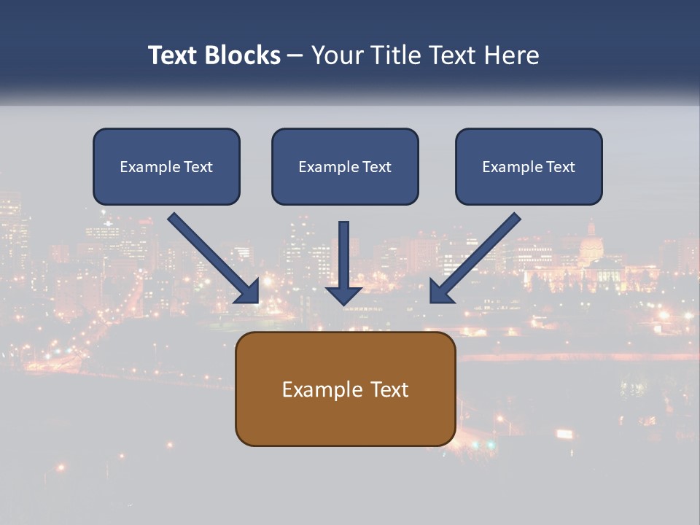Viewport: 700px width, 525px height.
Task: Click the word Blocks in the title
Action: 242,55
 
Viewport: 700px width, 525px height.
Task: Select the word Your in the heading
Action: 334,55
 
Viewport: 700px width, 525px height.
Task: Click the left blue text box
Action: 166,182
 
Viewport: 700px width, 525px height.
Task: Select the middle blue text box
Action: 345,186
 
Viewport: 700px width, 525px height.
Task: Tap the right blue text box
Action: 529,186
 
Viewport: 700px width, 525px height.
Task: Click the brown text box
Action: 345,416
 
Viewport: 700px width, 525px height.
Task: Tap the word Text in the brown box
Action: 389,389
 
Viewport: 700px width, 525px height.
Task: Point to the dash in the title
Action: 295,56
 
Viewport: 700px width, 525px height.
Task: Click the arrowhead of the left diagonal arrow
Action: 248,291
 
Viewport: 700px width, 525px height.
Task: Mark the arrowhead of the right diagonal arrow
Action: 441,291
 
